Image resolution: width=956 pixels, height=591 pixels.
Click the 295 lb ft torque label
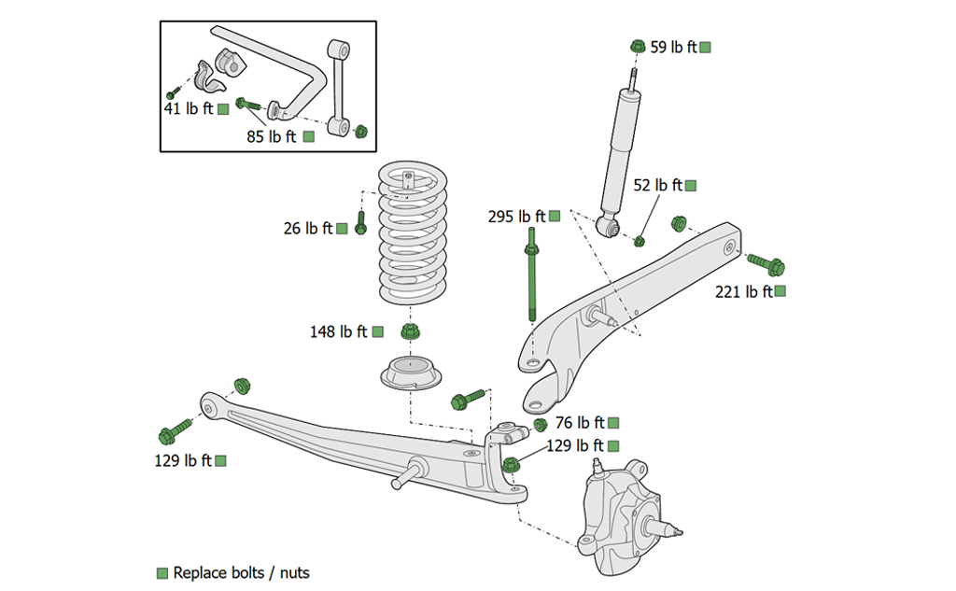click(x=516, y=217)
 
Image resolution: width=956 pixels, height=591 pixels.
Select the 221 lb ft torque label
click(x=743, y=291)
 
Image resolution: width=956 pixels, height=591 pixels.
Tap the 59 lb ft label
click(x=673, y=47)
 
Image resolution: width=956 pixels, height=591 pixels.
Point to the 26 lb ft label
click(x=308, y=228)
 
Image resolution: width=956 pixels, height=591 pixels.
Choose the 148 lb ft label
click(x=339, y=331)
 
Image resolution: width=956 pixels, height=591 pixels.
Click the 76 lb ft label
click(x=580, y=423)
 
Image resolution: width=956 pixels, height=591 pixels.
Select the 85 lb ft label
click(x=271, y=136)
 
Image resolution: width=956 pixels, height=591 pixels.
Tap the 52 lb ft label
click(x=658, y=186)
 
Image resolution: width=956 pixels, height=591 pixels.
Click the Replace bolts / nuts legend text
click(x=241, y=572)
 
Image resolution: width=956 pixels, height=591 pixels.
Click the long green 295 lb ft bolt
click(x=531, y=280)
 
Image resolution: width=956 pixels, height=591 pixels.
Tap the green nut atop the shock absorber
click(x=638, y=46)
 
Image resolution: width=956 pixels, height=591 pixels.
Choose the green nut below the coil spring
click(x=409, y=331)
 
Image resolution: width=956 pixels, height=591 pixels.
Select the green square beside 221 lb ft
click(x=780, y=291)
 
